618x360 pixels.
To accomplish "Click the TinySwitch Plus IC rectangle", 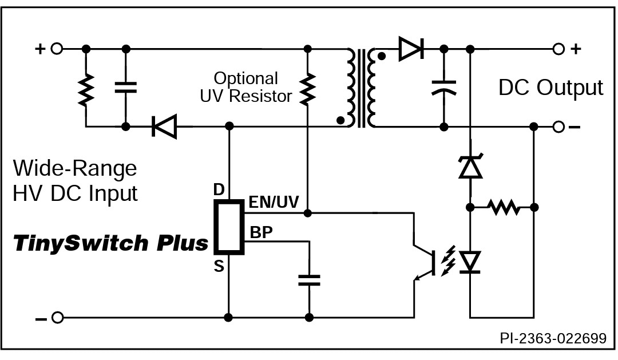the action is (x=229, y=227).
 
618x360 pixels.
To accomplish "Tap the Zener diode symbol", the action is (x=470, y=167).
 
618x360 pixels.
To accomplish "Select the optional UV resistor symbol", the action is (x=308, y=89).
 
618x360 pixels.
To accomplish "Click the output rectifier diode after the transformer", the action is (x=411, y=49).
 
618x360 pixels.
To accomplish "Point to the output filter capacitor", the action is (x=444, y=88).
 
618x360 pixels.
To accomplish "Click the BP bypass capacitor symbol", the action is (x=309, y=280).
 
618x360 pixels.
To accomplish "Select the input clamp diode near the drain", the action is (x=164, y=126).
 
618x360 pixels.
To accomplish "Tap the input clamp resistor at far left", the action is (x=86, y=89).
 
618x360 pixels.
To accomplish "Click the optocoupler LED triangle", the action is (x=470, y=262).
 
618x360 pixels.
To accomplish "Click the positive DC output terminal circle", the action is (x=558, y=49).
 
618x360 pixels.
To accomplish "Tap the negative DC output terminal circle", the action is (x=558, y=127).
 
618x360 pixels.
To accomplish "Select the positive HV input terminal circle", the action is (x=57, y=49).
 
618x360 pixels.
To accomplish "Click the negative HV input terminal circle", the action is (x=58, y=318).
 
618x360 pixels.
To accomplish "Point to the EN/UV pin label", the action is (x=274, y=202).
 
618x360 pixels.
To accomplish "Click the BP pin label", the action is (x=262, y=232).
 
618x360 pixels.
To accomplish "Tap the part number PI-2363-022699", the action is (x=553, y=338).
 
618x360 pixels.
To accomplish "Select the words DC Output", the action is (x=550, y=87).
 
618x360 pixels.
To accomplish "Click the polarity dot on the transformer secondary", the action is (x=381, y=57).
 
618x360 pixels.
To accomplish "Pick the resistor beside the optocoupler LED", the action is (x=502, y=207).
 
